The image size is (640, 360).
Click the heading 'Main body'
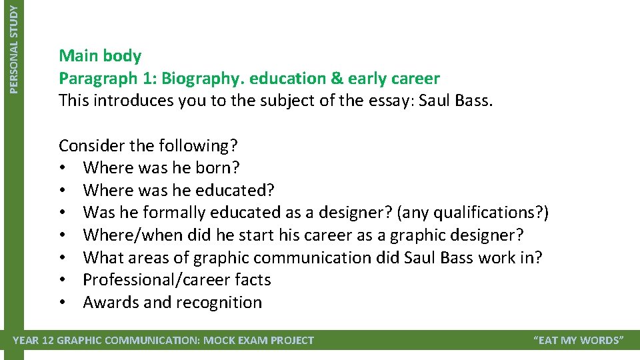(x=100, y=55)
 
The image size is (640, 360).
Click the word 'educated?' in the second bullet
(x=235, y=191)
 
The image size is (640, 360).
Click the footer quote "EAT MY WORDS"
(x=579, y=341)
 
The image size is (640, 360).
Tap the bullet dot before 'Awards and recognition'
(x=62, y=303)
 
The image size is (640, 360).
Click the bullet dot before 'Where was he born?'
(x=62, y=168)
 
